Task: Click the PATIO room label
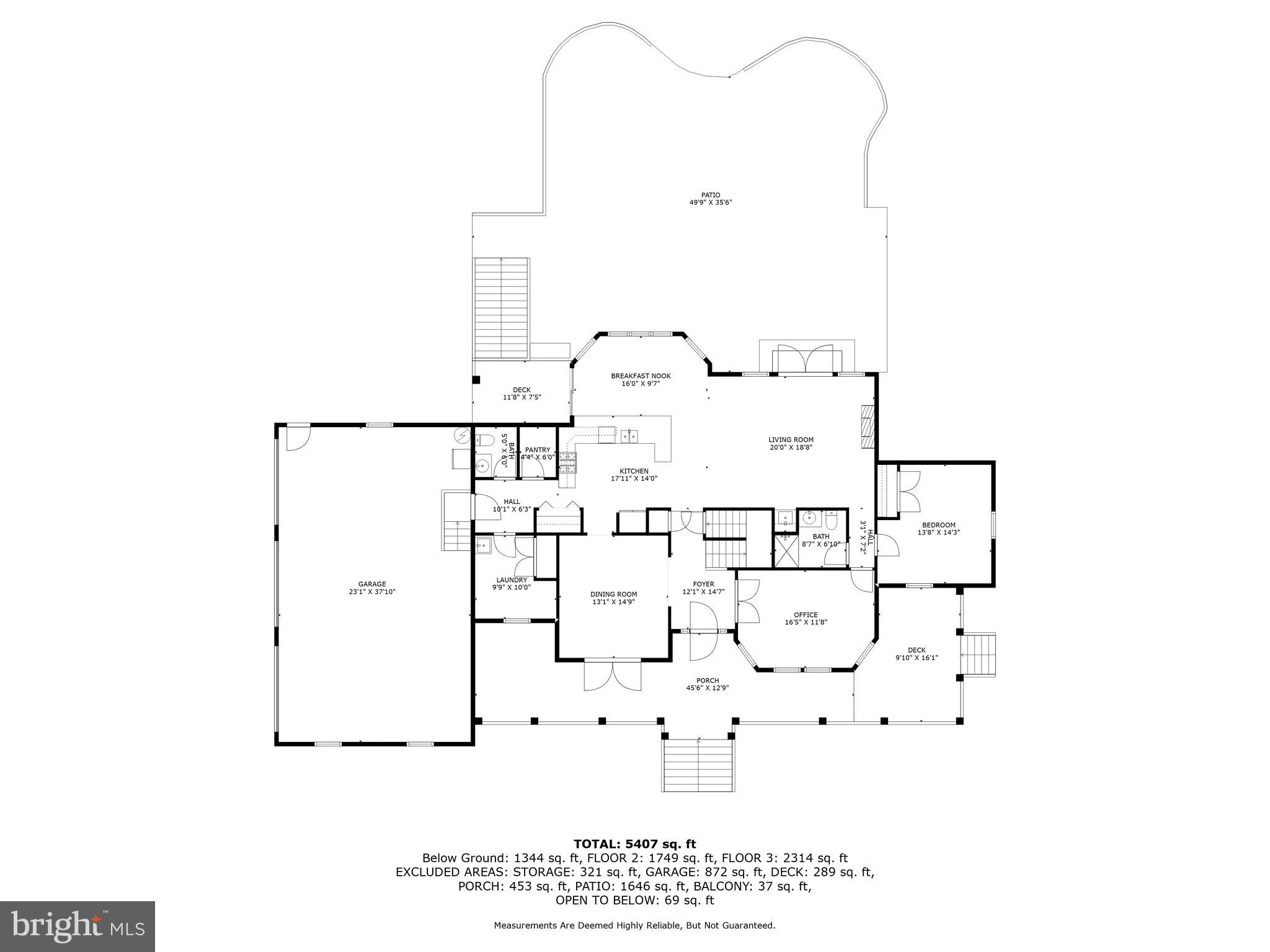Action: (711, 195)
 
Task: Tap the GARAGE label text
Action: (371, 584)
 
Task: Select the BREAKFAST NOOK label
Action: (641, 376)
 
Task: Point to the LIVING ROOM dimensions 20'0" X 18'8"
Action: (791, 447)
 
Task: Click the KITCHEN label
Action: (634, 471)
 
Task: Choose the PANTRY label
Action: (538, 450)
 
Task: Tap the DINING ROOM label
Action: (613, 594)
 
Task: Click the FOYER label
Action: (703, 584)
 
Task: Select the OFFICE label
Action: (806, 615)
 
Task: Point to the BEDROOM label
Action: (939, 525)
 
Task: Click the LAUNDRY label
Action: (511, 580)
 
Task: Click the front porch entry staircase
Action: (699, 765)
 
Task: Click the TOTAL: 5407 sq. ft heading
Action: (634, 844)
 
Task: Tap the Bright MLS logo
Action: (78, 927)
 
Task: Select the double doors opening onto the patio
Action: (806, 359)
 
